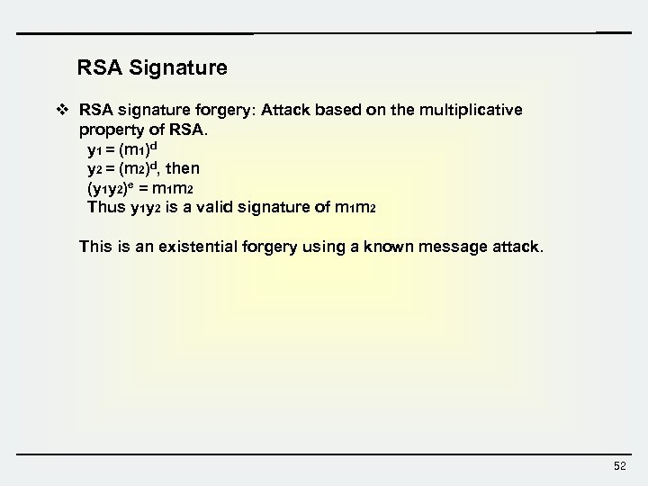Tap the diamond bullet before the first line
click(x=62, y=111)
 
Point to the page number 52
click(x=619, y=465)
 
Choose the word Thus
click(x=105, y=207)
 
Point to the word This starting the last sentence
click(x=97, y=245)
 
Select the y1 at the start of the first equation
click(x=94, y=149)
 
